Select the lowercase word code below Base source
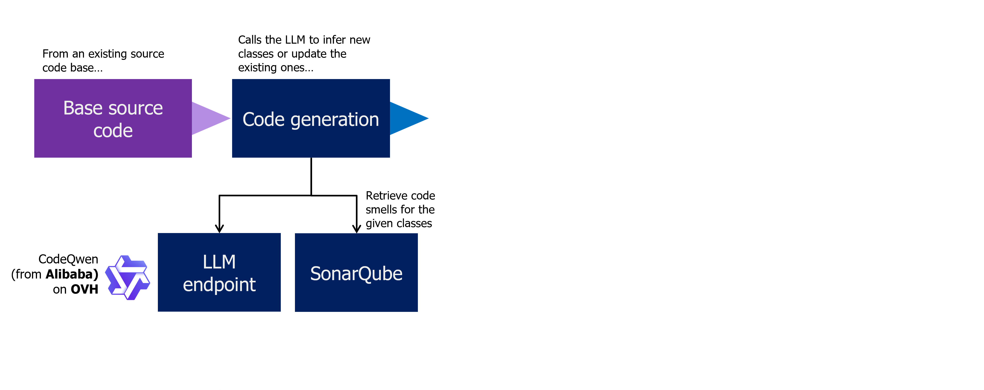point(113,131)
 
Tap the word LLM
point(219,262)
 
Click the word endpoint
point(219,285)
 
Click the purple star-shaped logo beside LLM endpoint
point(127,277)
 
